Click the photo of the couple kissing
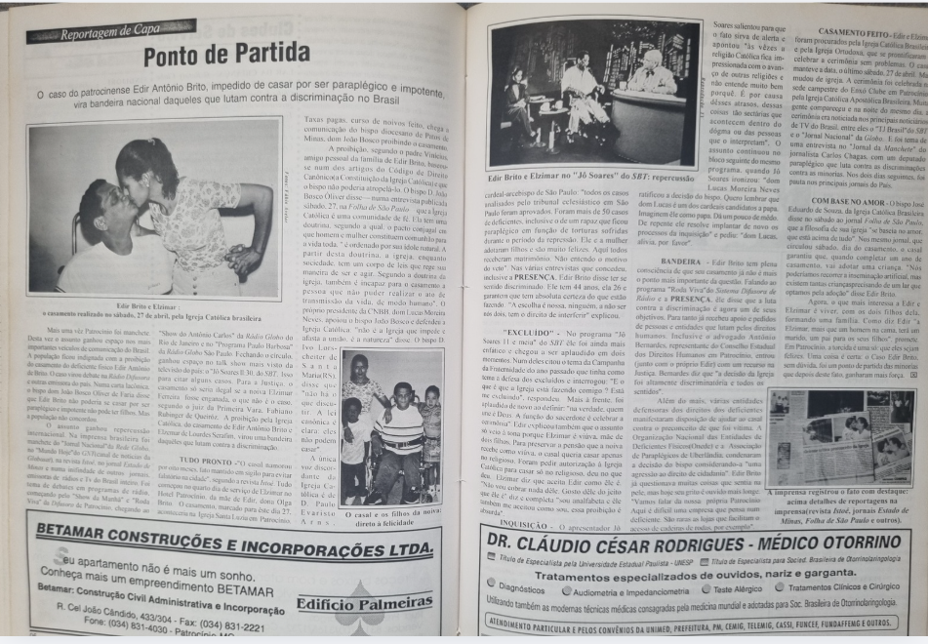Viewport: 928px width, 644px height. pyautogui.click(x=155, y=204)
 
